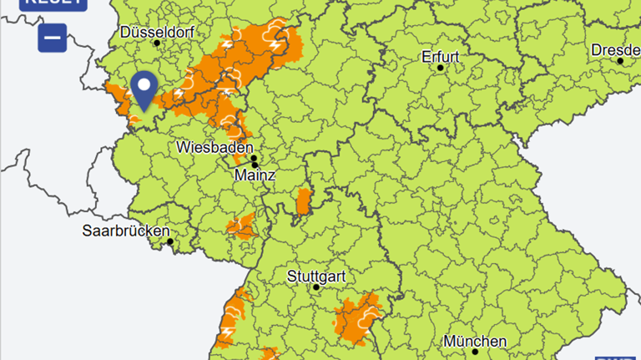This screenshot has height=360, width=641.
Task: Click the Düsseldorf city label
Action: [158, 32]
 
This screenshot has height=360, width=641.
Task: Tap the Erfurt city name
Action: [441, 57]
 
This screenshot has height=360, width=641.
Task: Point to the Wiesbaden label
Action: [215, 147]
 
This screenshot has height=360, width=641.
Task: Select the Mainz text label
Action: [255, 175]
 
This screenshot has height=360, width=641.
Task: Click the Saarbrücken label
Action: [126, 231]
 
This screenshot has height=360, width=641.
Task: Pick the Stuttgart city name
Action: [315, 275]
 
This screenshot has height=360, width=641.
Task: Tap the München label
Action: [475, 341]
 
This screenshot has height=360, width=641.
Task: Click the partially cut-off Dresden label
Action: [616, 49]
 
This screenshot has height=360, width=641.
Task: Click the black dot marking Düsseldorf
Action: [157, 43]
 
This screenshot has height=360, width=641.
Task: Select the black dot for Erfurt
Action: [441, 68]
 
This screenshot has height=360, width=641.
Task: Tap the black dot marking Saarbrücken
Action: [170, 242]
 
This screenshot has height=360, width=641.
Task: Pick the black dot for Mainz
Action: [255, 165]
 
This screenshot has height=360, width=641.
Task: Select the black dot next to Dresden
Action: [620, 61]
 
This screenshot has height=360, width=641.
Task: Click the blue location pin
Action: [145, 89]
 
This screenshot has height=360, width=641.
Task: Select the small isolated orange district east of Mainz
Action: [304, 201]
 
